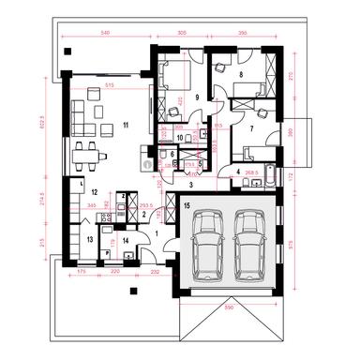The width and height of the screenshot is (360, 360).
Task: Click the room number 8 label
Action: (242, 73)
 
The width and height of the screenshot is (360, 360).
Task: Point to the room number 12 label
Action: (94, 191)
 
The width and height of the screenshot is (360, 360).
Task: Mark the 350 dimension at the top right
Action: (242, 33)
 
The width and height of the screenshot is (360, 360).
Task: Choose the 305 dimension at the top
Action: (180, 33)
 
